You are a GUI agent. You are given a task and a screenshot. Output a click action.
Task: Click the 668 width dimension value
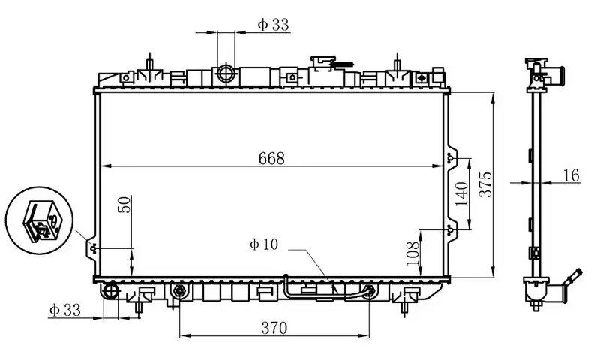pos(271,158)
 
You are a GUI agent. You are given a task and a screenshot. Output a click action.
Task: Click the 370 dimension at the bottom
pos(275,326)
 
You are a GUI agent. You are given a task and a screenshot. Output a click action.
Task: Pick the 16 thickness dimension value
pos(571,175)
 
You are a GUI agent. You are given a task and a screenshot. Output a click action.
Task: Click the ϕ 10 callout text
pos(264,244)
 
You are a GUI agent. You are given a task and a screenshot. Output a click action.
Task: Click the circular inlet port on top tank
pos(226,73)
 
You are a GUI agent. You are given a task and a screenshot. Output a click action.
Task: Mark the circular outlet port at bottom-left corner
pos(110,291)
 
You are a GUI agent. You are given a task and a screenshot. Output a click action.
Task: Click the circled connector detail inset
pos(40,218)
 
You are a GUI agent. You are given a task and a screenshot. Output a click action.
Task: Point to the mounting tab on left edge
pos(92,248)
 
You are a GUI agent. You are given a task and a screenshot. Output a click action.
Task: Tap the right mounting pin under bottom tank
pos(406,303)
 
